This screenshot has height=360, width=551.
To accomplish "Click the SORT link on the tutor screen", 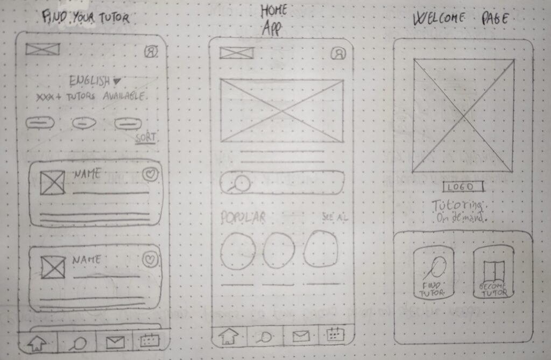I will point(145,138).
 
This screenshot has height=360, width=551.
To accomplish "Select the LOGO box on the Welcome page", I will point(463,187).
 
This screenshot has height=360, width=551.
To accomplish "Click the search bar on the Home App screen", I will point(281,183).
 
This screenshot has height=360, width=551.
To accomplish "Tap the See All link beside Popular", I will point(334,217).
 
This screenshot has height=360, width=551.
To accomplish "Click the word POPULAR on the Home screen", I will point(243,217).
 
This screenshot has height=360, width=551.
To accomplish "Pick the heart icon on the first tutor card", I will point(151,175).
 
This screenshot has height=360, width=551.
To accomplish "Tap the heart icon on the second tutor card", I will point(151,260).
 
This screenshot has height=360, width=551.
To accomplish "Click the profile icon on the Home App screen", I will point(338,53).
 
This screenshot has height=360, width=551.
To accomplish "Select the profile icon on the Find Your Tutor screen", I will point(151,52).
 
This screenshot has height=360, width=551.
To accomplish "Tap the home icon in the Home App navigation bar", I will point(229,337).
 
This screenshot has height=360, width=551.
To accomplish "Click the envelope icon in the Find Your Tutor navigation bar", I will point(115,342).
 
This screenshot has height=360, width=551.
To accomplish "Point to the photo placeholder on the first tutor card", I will point(53,183).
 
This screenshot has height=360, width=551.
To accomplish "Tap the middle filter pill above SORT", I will point(84,123).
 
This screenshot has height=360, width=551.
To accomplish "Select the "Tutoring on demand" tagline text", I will point(461,211).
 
